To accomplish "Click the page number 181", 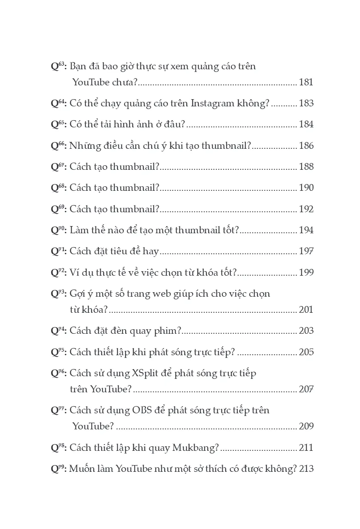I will click(x=306, y=82).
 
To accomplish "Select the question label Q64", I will click(x=59, y=103).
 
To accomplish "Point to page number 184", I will click(x=306, y=124).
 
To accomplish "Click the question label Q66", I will click(x=59, y=146).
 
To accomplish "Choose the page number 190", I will click(x=306, y=188).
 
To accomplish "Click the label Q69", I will click(x=59, y=209).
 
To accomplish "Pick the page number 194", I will click(x=306, y=230).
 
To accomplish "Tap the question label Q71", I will click(x=59, y=252).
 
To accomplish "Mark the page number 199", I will click(x=306, y=273).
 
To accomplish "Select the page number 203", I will click(x=306, y=331).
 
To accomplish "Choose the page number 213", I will click(x=306, y=469).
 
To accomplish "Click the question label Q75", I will click(x=59, y=352).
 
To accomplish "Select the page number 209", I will click(x=306, y=426).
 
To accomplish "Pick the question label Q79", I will click(x=59, y=469).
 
